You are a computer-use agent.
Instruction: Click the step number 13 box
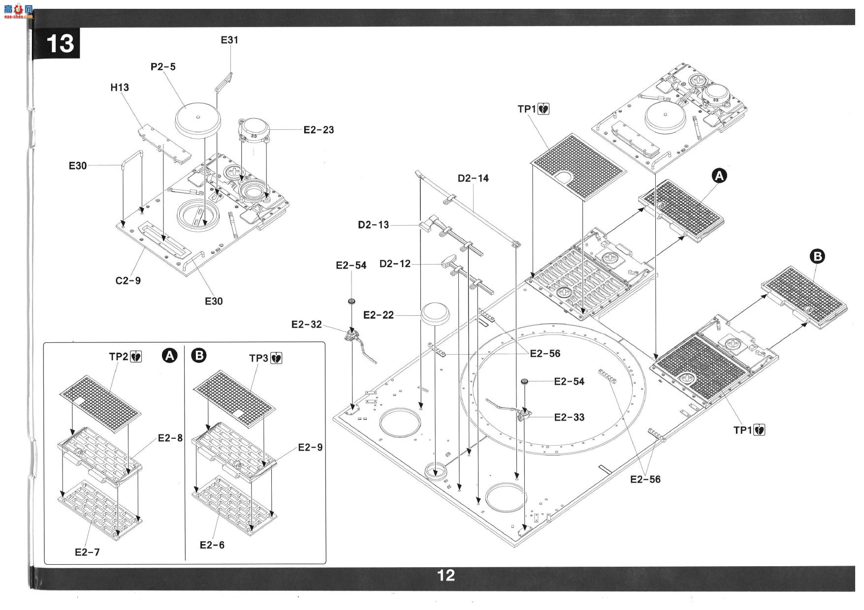tap(60, 43)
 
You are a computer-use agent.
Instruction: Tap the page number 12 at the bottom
tap(446, 575)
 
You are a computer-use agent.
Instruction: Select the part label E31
tap(229, 40)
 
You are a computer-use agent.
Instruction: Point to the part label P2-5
tap(163, 66)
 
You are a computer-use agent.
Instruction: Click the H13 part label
tap(120, 88)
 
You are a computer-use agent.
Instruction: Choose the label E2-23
tap(319, 130)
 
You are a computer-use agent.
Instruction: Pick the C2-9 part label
tap(128, 280)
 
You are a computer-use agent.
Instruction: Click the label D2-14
tap(473, 178)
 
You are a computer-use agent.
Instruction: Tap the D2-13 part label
tap(373, 225)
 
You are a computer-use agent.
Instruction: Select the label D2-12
tap(395, 264)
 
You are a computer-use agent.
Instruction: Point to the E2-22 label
tap(379, 315)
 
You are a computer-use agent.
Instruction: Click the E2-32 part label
tap(306, 324)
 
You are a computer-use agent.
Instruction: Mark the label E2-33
tap(569, 417)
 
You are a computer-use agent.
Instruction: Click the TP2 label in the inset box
tap(119, 356)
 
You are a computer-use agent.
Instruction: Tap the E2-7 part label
tap(87, 552)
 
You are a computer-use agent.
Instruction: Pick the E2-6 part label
tap(212, 545)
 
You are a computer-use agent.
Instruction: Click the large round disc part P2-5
tap(197, 119)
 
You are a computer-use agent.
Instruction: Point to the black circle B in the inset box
tap(199, 355)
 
